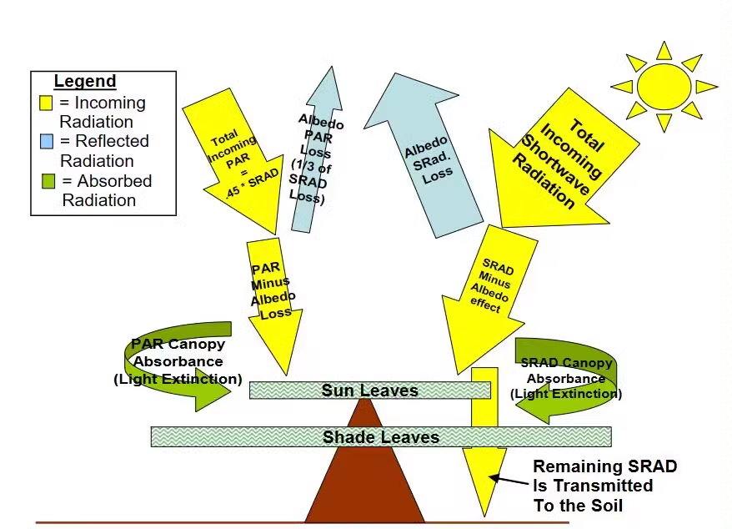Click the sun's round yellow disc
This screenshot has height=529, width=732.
pyautogui.click(x=664, y=85)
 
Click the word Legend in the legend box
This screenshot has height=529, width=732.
pyautogui.click(x=84, y=82)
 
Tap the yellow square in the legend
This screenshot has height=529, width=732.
pyautogui.click(x=48, y=103)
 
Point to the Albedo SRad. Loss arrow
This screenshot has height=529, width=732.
pyautogui.click(x=429, y=159)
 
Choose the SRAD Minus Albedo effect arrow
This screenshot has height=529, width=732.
pyautogui.click(x=484, y=292)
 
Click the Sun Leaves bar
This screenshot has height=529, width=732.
pyautogui.click(x=369, y=390)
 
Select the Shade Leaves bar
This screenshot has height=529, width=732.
pyautogui.click(x=380, y=436)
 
